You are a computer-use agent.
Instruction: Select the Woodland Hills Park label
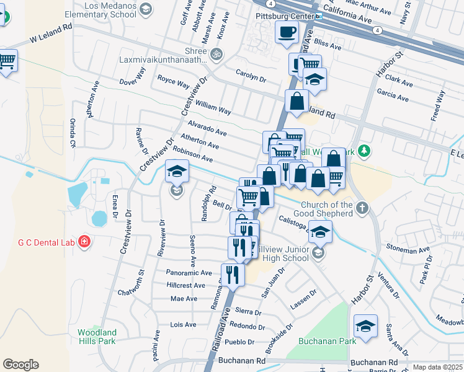coord(97,337)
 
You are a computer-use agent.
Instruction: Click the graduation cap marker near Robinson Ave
coord(177,171)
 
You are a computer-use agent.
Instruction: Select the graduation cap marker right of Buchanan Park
coord(366,326)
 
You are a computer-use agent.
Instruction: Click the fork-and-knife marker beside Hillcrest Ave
coord(233,273)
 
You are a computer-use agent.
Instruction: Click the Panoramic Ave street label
coord(190,272)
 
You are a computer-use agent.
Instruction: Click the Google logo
coord(21,365)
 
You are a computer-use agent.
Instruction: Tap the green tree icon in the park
coord(365,151)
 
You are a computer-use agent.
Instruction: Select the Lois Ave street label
coord(183,325)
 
